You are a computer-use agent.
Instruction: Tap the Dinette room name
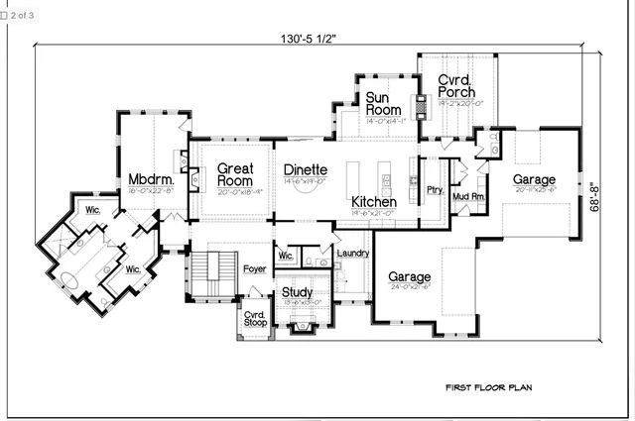(x=305, y=169)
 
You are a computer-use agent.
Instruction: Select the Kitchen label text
(x=374, y=202)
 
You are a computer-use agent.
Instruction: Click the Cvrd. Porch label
(x=455, y=86)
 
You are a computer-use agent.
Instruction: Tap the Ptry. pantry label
(x=435, y=189)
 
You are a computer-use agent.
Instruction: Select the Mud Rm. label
(x=468, y=196)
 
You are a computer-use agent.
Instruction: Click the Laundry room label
(x=353, y=254)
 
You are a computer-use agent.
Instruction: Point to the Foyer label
(x=255, y=266)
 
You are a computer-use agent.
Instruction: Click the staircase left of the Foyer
(x=207, y=273)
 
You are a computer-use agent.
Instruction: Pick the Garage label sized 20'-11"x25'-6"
(x=534, y=179)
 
